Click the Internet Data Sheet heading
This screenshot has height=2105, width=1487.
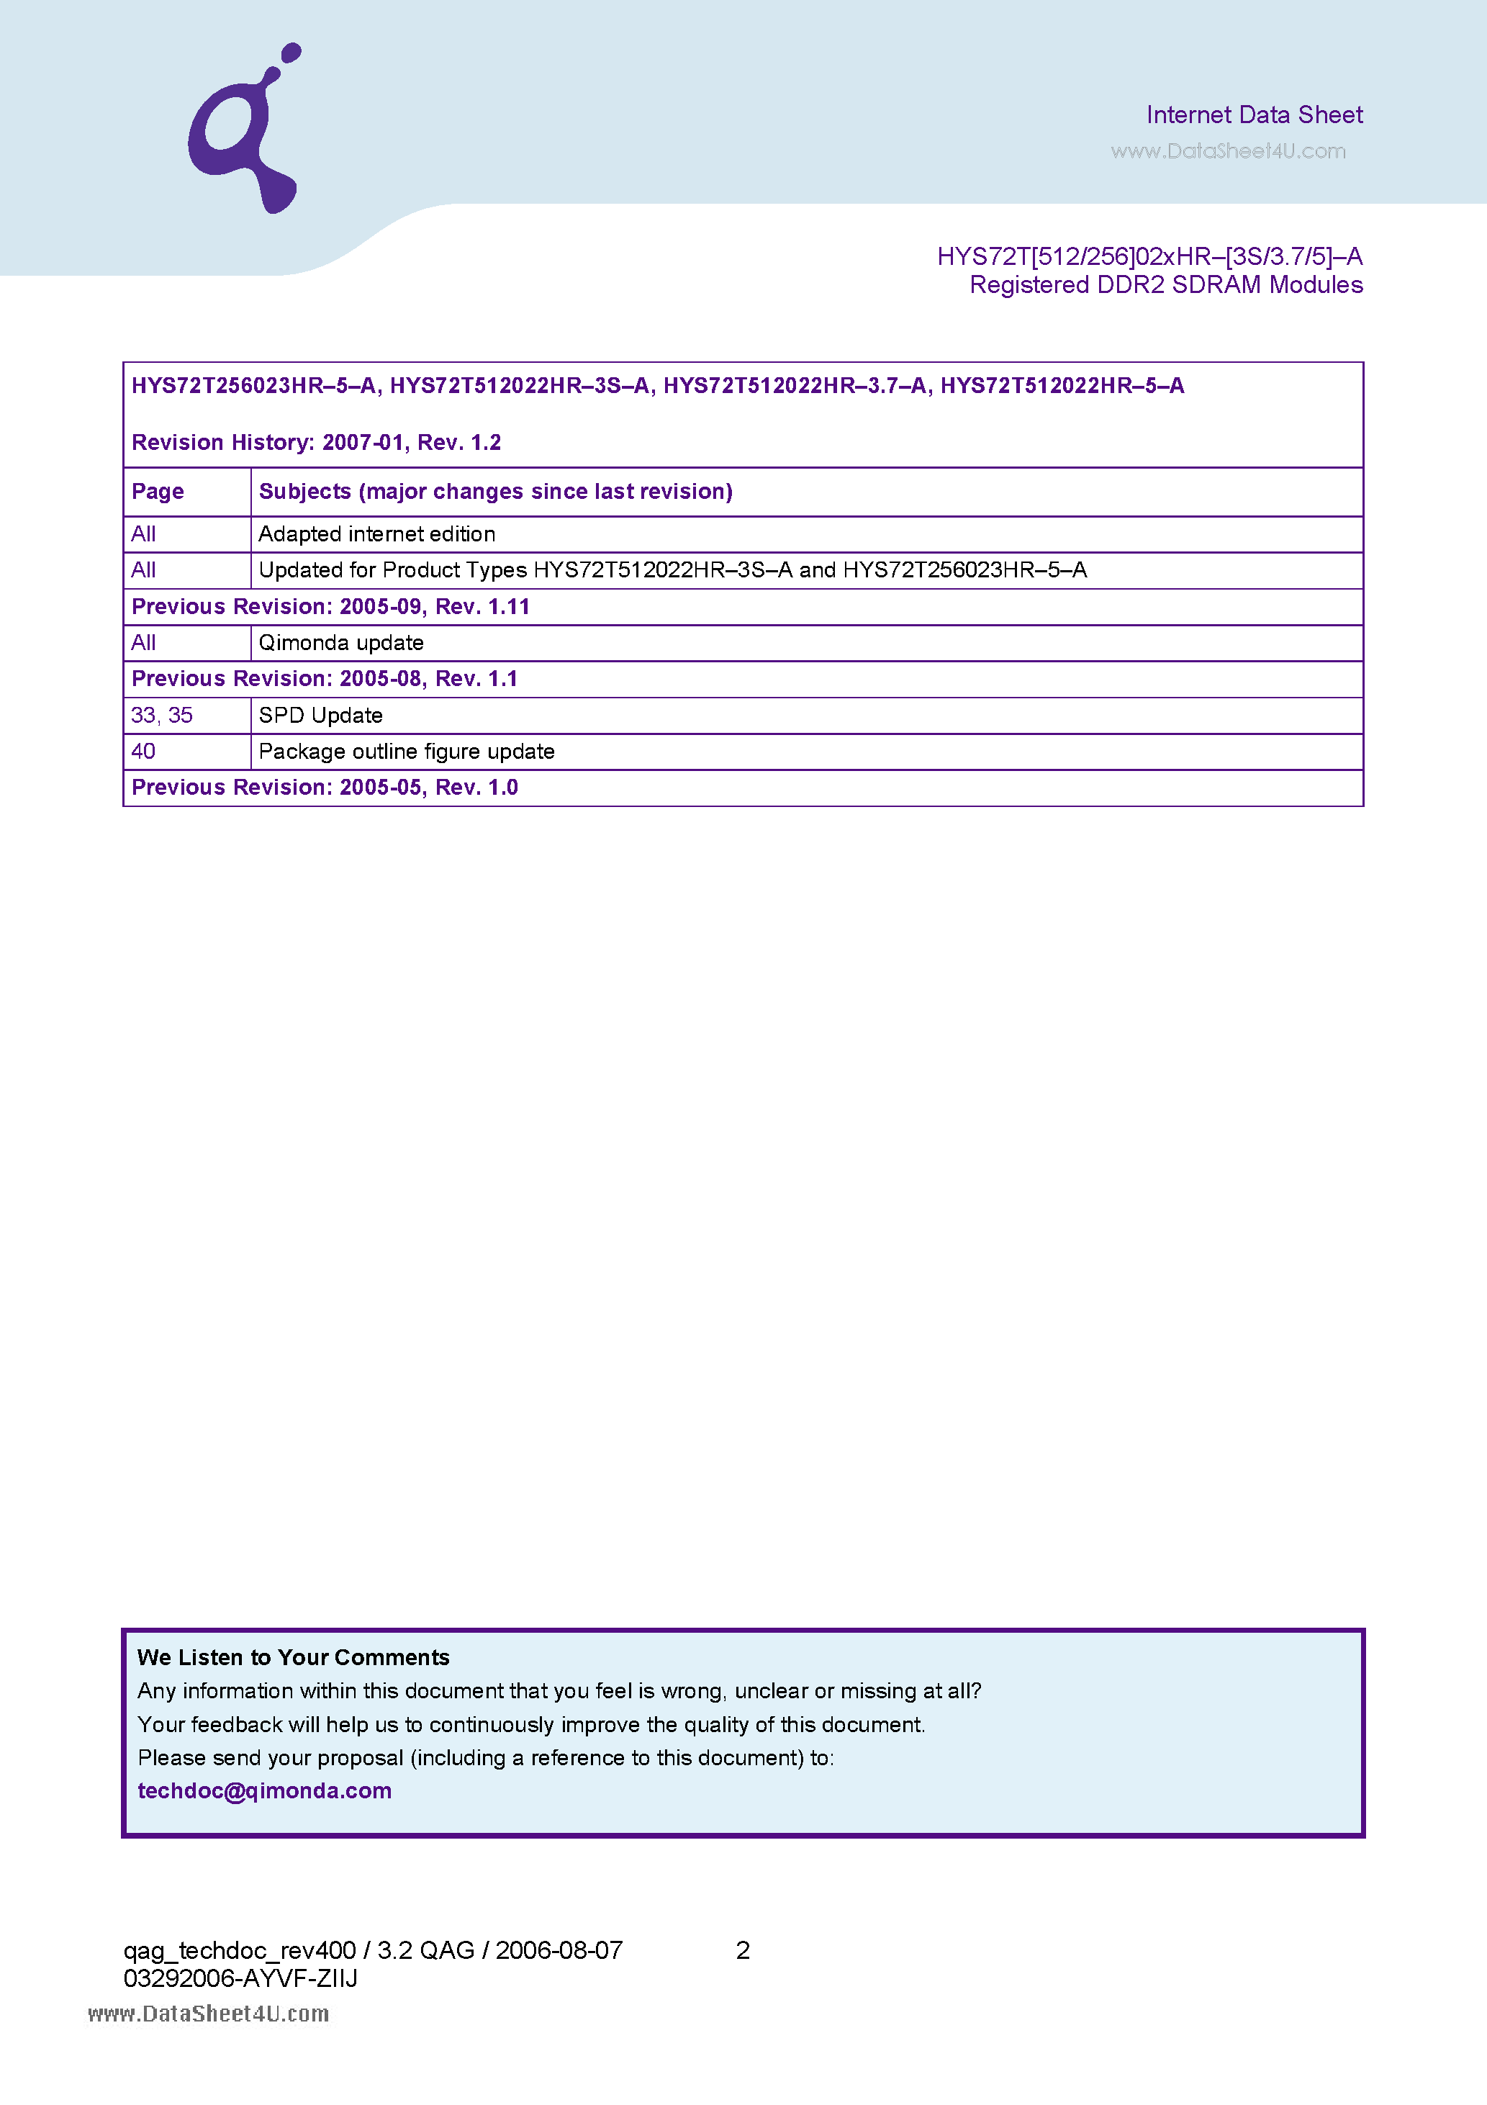tap(1253, 114)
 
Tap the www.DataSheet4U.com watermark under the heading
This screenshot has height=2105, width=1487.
tap(1228, 151)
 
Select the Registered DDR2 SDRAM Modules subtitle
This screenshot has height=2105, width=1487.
tap(1165, 285)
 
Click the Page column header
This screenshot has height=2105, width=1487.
tap(158, 492)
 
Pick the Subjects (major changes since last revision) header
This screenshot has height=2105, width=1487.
tap(495, 492)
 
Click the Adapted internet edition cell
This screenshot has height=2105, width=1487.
tap(377, 533)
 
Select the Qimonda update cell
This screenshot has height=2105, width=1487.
tap(341, 643)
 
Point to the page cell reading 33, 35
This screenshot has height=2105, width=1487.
tap(162, 715)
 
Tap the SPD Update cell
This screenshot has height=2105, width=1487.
tap(321, 715)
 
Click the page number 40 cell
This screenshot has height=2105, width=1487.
tap(144, 752)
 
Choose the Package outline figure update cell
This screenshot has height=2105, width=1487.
tap(406, 752)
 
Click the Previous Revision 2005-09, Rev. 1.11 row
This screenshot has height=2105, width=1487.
tap(331, 607)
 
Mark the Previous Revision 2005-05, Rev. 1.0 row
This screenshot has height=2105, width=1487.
tap(325, 788)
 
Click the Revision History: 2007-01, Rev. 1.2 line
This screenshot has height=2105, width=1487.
tap(316, 443)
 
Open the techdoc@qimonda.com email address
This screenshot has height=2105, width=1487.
tap(264, 1790)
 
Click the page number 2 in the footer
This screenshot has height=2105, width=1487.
tap(743, 1950)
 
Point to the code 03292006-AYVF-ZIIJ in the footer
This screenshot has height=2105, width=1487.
tap(240, 1978)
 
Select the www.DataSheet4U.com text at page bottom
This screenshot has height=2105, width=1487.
tap(208, 2014)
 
